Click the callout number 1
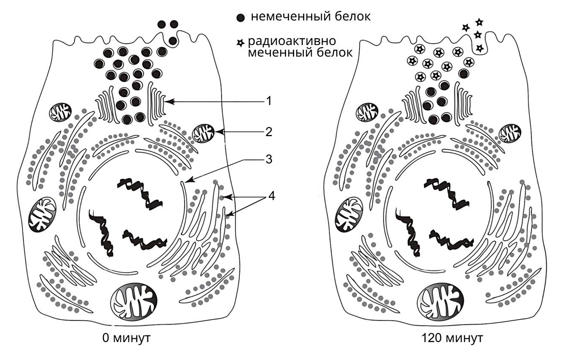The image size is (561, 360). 269,101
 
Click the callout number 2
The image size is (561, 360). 269,132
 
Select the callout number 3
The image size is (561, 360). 269,159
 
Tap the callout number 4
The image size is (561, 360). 271,195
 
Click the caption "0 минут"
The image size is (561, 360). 126,338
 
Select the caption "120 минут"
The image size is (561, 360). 452,338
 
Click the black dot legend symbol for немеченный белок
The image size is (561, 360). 240,18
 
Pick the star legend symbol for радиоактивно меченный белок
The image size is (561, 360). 240,43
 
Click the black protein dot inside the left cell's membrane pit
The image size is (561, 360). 173,41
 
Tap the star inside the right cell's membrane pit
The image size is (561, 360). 480,48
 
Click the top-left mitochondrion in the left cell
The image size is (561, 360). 61,112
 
